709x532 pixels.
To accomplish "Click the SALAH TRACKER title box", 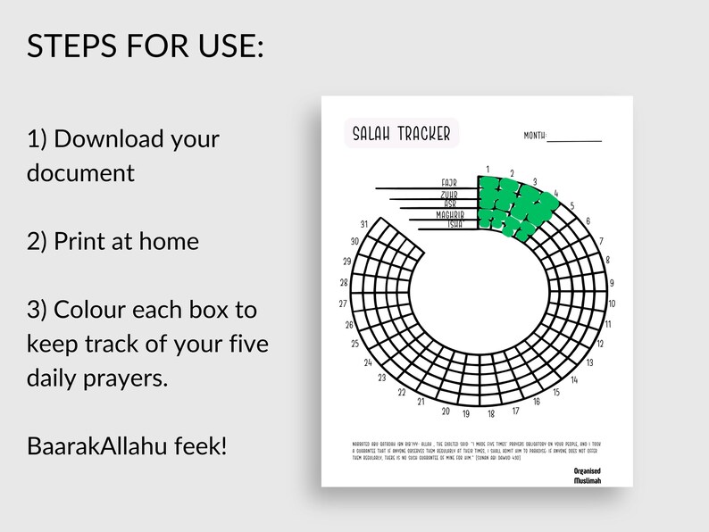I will [401, 133].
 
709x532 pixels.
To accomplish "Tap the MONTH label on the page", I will [534, 136].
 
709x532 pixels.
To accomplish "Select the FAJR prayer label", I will [448, 183].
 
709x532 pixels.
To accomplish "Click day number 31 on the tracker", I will [363, 224].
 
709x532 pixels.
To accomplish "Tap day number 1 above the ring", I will [488, 169].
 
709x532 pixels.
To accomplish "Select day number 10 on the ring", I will [612, 304].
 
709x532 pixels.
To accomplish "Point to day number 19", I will [466, 414].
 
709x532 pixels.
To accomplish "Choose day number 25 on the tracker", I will [355, 344].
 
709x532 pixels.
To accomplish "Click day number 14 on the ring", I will [575, 379].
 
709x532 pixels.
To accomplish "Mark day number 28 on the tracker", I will [344, 283].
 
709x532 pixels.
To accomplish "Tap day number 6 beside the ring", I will [588, 221].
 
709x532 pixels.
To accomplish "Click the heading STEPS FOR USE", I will [146, 46].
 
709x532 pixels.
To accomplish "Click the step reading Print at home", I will [113, 241].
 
